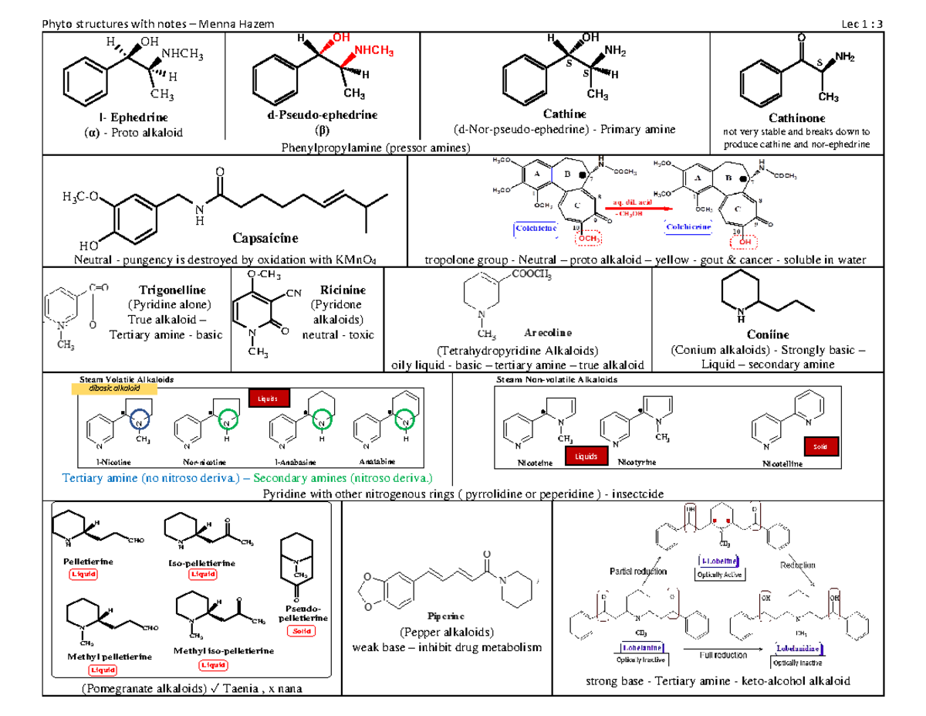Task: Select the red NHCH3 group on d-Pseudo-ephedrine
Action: coord(371,52)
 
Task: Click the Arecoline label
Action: coord(549,333)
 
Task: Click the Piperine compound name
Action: coord(447,616)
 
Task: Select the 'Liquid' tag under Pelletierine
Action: coord(85,574)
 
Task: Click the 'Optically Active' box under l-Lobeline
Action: coord(718,575)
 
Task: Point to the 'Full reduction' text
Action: coord(722,655)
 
